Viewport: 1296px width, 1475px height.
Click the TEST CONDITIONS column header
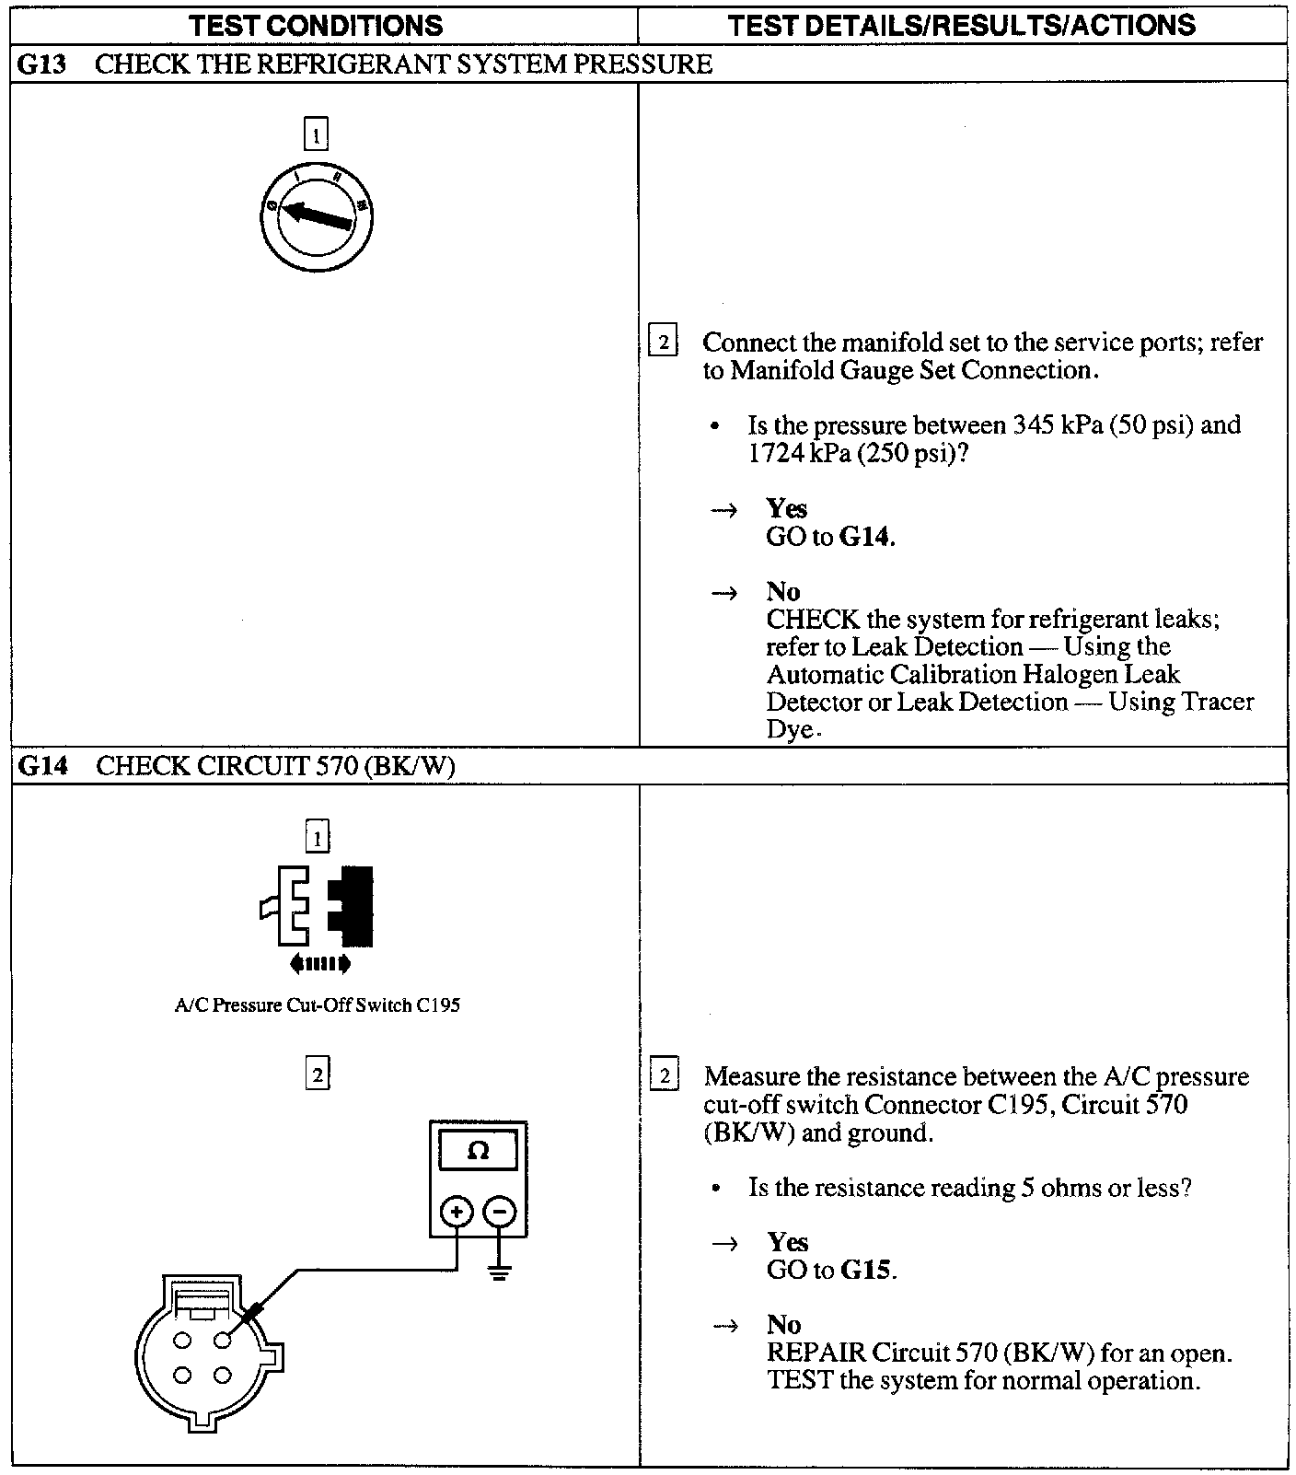click(316, 25)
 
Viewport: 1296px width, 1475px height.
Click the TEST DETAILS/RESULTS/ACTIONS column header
click(961, 25)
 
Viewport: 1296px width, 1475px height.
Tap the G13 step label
click(41, 64)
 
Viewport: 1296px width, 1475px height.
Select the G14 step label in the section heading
click(42, 766)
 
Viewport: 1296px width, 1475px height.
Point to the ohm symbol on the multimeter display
click(478, 1151)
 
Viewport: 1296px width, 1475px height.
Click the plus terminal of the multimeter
click(457, 1212)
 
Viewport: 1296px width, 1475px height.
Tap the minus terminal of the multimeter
click(500, 1212)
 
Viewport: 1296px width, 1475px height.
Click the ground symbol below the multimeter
click(500, 1274)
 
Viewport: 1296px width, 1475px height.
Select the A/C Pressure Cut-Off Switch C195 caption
click(318, 1005)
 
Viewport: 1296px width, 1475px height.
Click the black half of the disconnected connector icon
click(354, 906)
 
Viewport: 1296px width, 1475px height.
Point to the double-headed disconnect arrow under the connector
click(319, 964)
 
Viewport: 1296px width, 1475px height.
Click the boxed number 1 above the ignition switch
click(316, 135)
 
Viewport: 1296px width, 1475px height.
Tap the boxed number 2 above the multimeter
click(317, 1074)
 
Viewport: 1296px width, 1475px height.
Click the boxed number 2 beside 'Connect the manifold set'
click(663, 342)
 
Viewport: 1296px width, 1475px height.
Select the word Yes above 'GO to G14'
click(786, 508)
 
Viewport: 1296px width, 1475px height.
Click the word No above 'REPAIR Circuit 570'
click(783, 1324)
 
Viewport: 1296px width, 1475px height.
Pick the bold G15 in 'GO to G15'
click(865, 1271)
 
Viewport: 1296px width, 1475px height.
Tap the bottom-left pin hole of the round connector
click(182, 1376)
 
